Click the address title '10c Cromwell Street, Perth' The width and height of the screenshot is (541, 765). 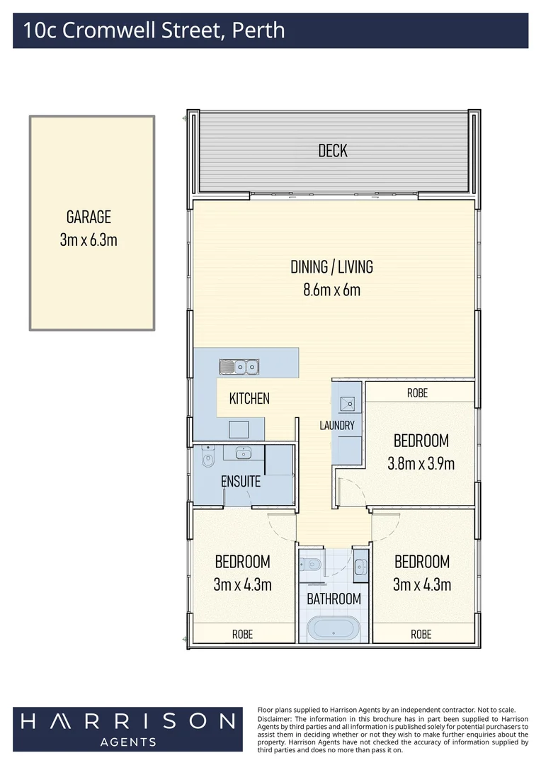coord(154,30)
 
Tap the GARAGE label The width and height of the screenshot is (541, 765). coord(89,217)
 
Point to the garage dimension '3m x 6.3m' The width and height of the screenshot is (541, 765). coord(89,240)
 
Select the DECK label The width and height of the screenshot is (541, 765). coord(333,150)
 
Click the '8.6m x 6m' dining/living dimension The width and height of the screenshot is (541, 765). coord(331,289)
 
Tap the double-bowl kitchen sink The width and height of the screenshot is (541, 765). coord(239,367)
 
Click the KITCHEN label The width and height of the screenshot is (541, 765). coord(249,399)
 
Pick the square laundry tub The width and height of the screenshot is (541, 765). coord(348,404)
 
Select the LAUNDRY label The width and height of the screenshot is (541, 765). coord(336,426)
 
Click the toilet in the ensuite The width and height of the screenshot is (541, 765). coord(207,460)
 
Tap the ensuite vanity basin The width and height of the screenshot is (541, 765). coord(244,453)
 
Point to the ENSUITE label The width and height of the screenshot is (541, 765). coord(241,482)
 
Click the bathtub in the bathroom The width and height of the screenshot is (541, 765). coord(334,629)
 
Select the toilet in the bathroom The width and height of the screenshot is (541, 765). coord(310,565)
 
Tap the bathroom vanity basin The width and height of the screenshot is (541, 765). coord(360,565)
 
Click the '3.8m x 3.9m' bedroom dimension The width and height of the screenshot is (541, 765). coord(421,464)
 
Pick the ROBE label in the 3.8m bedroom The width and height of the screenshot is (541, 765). coord(417,392)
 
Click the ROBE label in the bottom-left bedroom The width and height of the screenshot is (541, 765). coord(242,634)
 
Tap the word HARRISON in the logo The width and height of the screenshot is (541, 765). coord(127,721)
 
